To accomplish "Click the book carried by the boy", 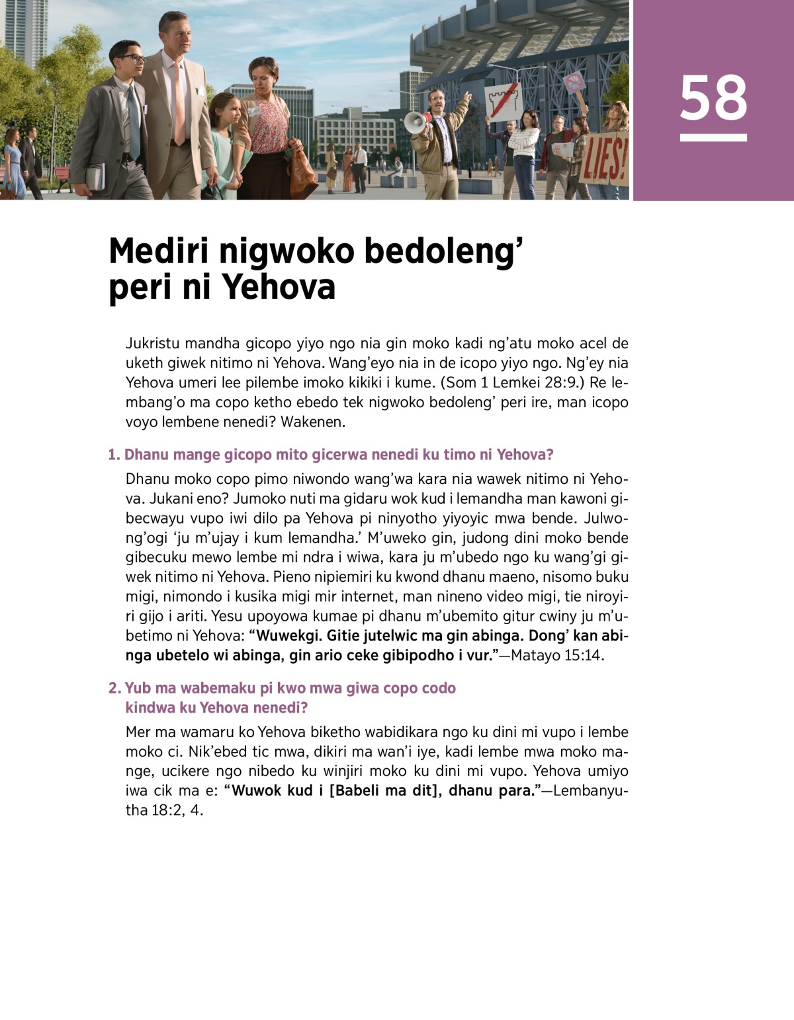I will [96, 175].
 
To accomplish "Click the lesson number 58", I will [713, 98].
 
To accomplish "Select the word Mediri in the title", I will [158, 251].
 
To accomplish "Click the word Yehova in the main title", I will [279, 288].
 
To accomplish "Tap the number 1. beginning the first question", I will [114, 455].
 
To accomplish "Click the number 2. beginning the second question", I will [114, 688].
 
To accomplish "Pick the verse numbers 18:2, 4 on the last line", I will [176, 810].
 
